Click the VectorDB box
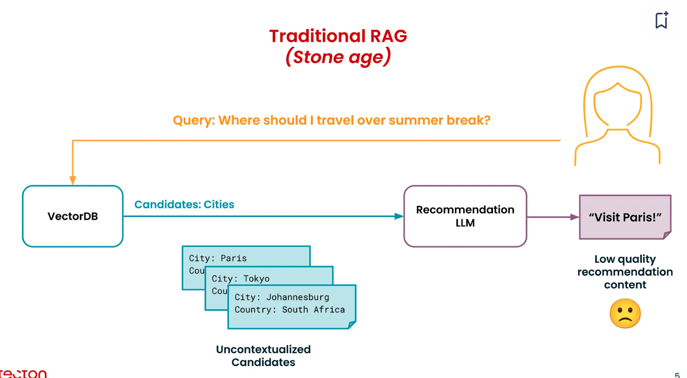(x=73, y=216)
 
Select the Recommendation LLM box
(x=465, y=216)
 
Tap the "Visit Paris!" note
(x=625, y=217)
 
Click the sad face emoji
(x=625, y=314)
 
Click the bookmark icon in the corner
(x=662, y=20)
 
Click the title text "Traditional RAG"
(x=338, y=36)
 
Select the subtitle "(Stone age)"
(x=338, y=57)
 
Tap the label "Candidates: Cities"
(x=184, y=204)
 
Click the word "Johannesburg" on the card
(x=298, y=297)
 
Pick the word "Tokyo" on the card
(x=256, y=278)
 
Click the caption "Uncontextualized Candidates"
(x=263, y=356)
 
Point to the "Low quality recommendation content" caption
(x=625, y=272)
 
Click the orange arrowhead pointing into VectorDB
(x=73, y=180)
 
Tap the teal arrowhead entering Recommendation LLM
(x=399, y=216)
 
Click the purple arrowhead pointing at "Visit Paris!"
(x=575, y=217)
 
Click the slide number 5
(x=677, y=375)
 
